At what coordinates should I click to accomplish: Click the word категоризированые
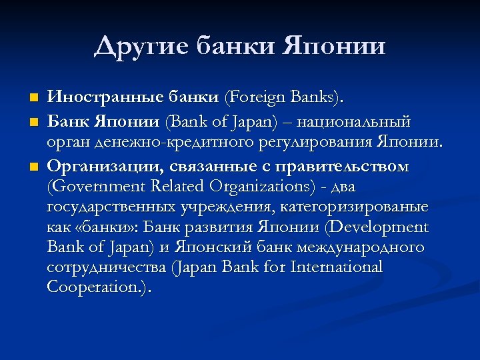coord(355,207)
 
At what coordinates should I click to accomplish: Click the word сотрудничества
coord(107,267)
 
